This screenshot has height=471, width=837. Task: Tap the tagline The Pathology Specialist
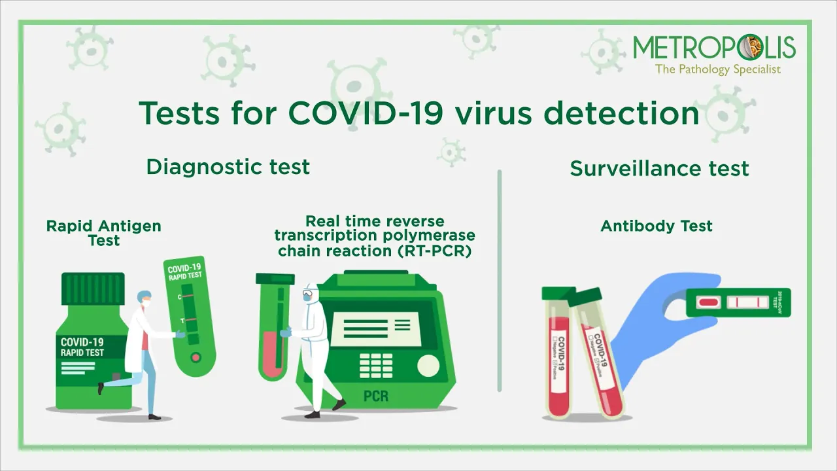pos(717,69)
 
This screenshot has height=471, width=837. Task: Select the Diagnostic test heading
pos(228,167)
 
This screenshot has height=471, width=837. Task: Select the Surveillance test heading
pos(659,168)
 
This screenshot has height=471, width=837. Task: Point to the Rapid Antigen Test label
pos(103,233)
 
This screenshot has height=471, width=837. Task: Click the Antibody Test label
pos(657,226)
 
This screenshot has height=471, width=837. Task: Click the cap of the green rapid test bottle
pos(92,288)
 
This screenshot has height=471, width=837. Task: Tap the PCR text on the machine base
pos(375,396)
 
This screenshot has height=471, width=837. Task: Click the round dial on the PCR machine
pos(429,364)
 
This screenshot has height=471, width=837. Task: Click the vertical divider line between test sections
pos(500,281)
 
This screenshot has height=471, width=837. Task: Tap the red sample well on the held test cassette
pos(709,302)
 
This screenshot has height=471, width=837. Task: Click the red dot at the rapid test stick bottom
pos(194,357)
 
